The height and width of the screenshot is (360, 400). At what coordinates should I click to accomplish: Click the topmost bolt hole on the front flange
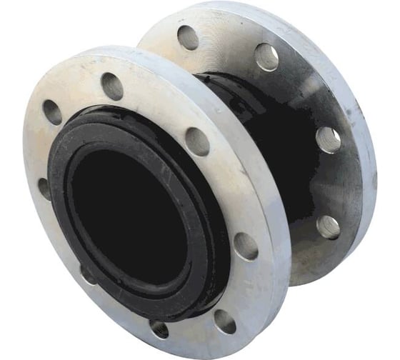coord(112,86)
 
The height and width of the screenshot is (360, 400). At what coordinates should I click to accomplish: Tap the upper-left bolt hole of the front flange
coord(52,112)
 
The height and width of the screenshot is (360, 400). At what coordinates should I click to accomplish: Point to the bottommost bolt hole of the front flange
coord(159,328)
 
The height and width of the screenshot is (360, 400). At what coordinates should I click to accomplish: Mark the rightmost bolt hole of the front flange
coord(246,246)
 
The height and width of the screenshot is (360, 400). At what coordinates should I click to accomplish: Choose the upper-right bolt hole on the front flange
coord(198,141)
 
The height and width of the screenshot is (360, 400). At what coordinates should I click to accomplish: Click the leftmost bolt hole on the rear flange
coord(189,36)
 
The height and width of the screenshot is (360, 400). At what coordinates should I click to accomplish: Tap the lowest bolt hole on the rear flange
coord(329,226)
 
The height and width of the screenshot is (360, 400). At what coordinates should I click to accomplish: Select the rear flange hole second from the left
coord(266,56)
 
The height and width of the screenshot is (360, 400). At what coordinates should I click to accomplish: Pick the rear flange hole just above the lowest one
coord(328,139)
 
